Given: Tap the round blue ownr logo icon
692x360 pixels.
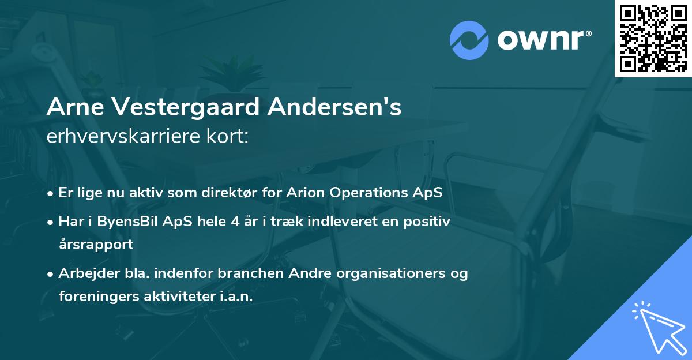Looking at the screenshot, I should (469, 40).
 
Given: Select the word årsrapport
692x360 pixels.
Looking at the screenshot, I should (96, 244).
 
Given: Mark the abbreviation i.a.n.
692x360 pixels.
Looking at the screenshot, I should (237, 296).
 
